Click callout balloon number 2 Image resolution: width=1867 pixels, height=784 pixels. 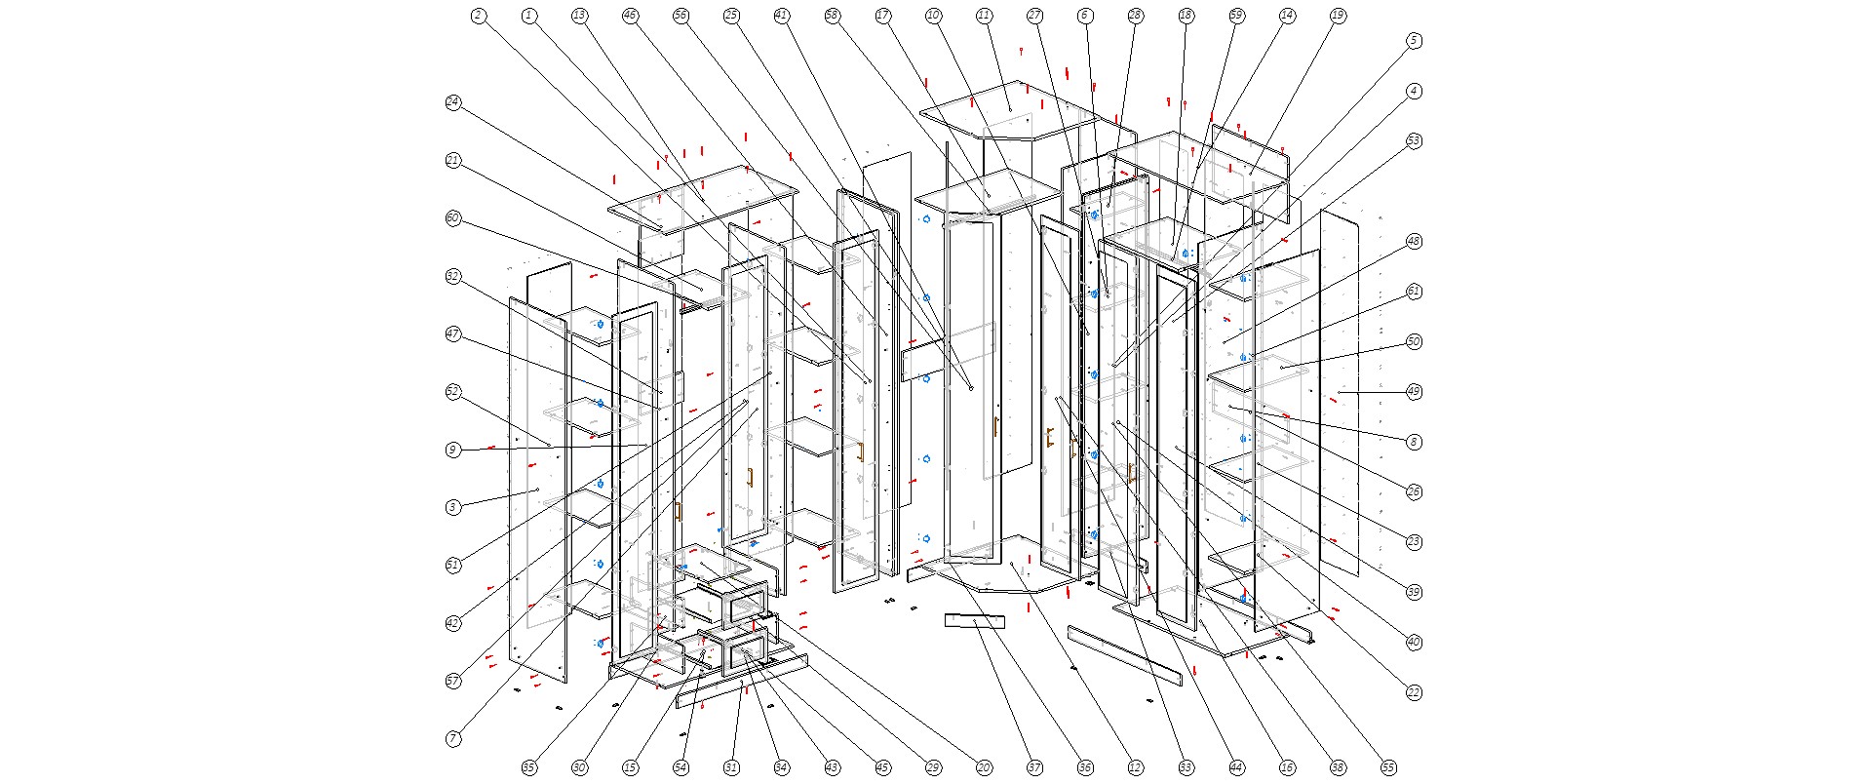478,16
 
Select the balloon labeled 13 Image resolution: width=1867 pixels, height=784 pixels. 579,16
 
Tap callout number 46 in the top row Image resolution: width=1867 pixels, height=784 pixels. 630,16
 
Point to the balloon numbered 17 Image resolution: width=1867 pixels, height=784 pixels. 883,16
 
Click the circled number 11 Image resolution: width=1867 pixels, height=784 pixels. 984,16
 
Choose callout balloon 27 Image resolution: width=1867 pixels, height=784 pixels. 1034,16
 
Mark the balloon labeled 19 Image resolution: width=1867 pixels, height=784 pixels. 1338,16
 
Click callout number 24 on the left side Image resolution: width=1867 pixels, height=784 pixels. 452,102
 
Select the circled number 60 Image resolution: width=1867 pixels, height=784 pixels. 452,218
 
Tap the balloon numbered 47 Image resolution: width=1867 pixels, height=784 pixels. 452,334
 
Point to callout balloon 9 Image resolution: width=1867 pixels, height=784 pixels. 452,450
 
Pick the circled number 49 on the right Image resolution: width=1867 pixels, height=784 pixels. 1414,392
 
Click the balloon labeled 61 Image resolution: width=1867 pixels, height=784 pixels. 1414,292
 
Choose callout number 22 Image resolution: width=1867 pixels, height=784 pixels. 1414,692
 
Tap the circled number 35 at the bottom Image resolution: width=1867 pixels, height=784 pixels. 528,768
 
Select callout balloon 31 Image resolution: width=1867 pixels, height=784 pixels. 731,768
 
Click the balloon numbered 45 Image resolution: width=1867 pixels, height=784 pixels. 882,768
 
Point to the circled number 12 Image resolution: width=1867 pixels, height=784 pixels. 1135,768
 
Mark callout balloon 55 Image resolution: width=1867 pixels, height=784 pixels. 1388,768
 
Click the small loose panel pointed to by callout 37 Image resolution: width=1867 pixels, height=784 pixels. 974,621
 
